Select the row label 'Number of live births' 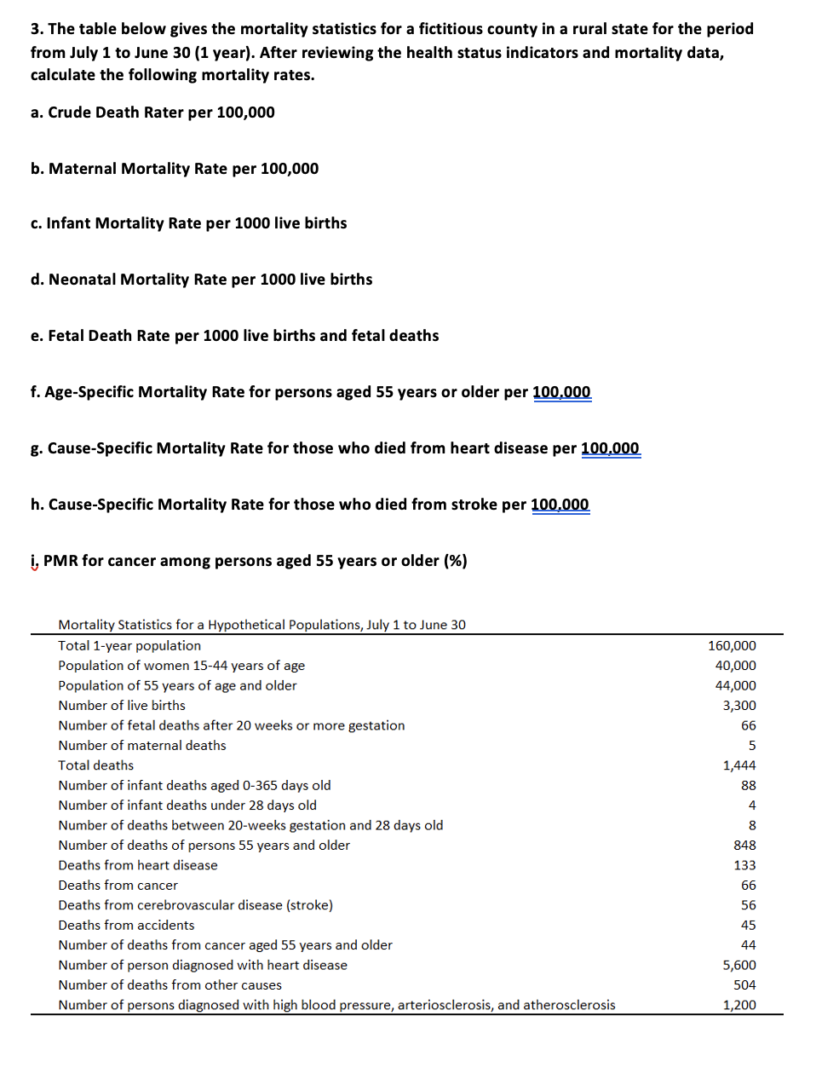coord(122,706)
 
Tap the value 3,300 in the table coord(738,706)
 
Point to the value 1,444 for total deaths coord(738,765)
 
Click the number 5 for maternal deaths coord(751,746)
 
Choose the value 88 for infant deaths coord(748,785)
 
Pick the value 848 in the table coord(744,846)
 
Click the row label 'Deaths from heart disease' coord(138,865)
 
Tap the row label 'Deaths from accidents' coord(126,925)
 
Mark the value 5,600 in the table coord(738,965)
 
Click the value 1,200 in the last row coord(738,1005)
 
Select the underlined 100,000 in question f coord(561,392)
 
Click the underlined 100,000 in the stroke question coord(560,505)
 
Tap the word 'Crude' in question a coord(69,113)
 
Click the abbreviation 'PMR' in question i coord(60,561)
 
